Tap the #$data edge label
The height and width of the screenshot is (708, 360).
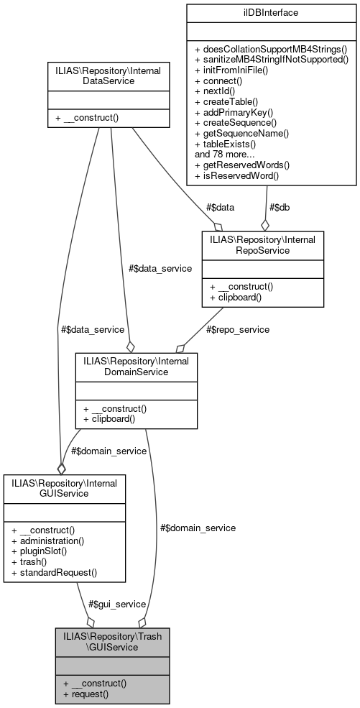point(220,208)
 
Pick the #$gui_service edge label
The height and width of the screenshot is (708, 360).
point(117,604)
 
